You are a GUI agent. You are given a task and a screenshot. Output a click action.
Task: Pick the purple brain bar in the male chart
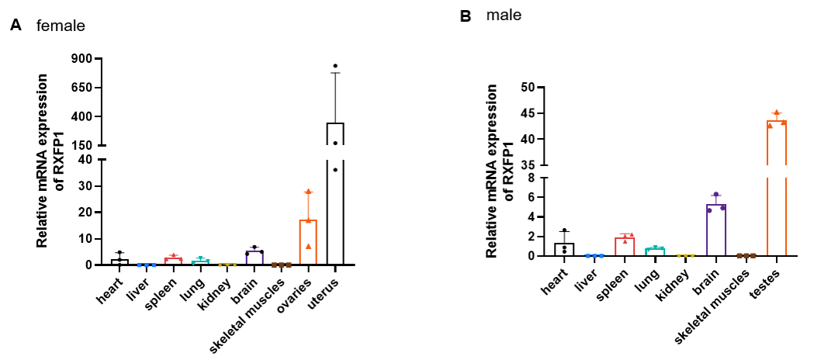(715, 230)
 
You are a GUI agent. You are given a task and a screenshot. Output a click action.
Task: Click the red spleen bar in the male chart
(625, 246)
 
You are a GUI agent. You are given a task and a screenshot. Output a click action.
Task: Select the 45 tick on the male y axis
(528, 113)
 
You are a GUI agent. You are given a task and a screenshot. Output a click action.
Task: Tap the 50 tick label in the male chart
(528, 88)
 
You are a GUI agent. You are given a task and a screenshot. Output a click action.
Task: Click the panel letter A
(15, 26)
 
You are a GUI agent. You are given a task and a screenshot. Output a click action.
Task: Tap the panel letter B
(466, 16)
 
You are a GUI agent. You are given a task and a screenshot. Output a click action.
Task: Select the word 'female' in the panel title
(61, 26)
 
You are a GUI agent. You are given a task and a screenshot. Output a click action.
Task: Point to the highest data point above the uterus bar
(335, 66)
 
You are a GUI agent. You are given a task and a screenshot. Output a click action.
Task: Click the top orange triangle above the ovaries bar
(308, 192)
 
